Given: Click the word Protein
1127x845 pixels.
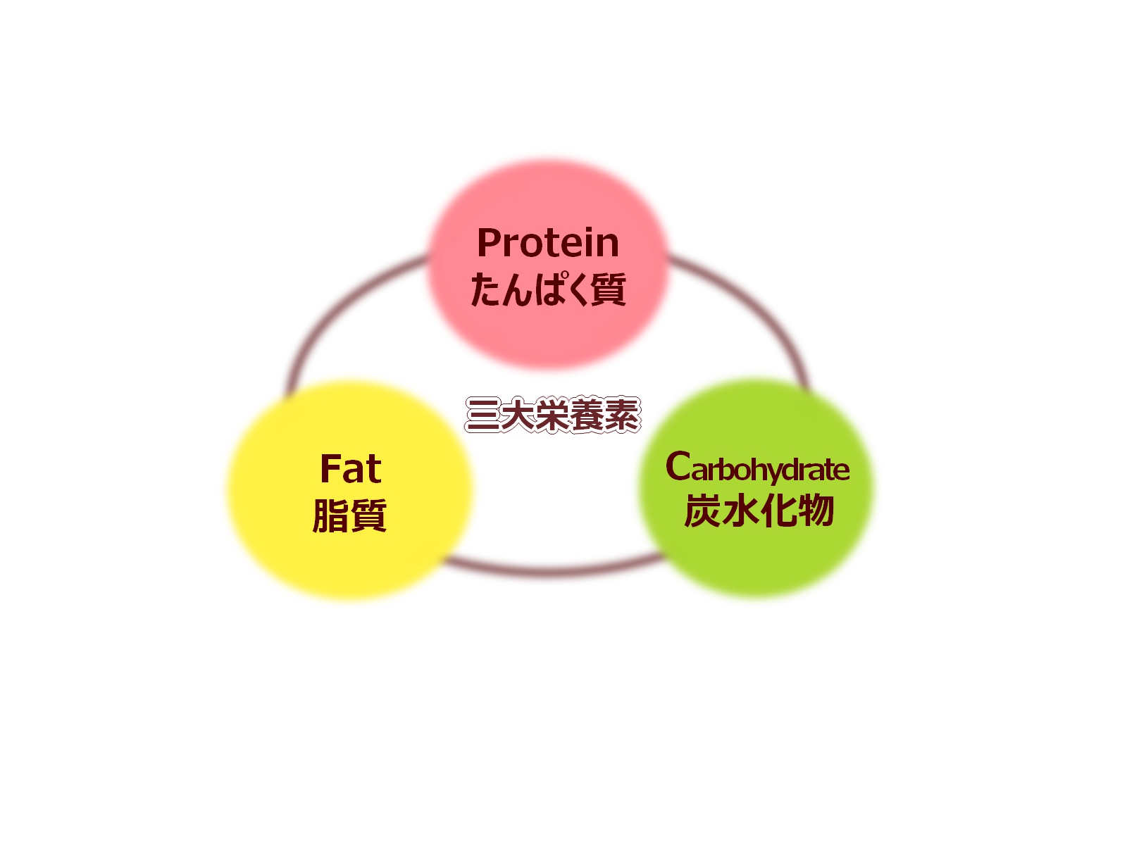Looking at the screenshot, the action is pos(548,243).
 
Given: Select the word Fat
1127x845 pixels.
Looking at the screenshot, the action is pos(351,469).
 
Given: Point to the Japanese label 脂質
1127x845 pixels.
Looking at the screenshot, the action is pos(349,515).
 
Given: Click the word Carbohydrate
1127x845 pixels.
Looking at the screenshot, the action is pos(757,468).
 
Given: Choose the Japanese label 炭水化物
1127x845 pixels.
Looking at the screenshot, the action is pos(759,511).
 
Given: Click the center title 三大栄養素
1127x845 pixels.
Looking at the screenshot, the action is pos(553,415).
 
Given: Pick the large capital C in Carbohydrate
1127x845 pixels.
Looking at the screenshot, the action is pos(678,466).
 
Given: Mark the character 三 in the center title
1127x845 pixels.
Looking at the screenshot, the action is pos(483,415).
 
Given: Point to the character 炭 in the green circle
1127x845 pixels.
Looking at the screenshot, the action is pos(702,511).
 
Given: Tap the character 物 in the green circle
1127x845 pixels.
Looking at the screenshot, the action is pos(816,511).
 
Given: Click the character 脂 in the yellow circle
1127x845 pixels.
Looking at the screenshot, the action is pos(330,515).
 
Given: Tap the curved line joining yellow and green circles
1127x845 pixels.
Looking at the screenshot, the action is pos(552,570).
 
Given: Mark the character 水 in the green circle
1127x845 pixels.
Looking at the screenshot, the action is pos(740,511).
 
